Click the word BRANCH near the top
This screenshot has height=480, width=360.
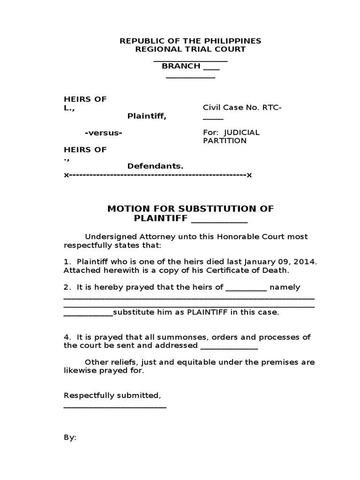click(x=181, y=66)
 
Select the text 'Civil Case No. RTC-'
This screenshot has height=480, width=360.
click(x=242, y=108)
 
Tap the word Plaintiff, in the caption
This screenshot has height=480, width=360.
click(x=147, y=116)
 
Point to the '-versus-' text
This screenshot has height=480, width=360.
click(x=104, y=133)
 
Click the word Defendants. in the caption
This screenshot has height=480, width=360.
click(x=155, y=166)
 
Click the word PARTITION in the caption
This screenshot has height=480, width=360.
click(x=225, y=141)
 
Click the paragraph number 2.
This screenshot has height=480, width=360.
click(x=67, y=287)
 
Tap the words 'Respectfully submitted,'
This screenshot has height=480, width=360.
click(x=112, y=396)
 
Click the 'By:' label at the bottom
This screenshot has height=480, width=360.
click(x=70, y=437)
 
